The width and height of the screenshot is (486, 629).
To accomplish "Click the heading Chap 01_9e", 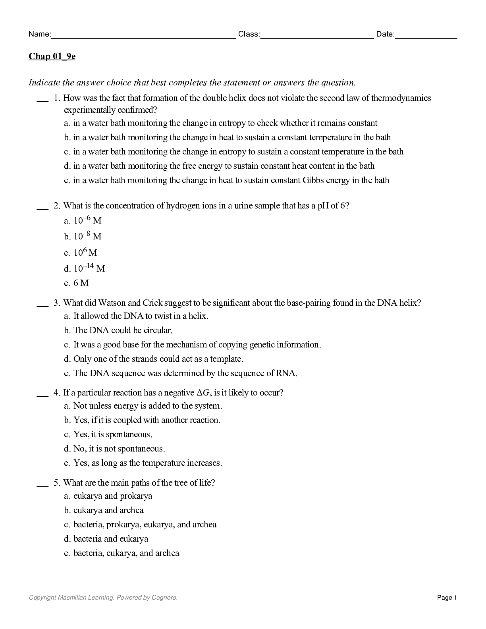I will [x=52, y=56].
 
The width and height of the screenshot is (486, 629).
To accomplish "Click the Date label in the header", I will [x=385, y=34].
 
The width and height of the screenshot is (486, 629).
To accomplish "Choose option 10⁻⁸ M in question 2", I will [x=87, y=237].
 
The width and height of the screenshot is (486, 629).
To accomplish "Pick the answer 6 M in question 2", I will [x=81, y=283].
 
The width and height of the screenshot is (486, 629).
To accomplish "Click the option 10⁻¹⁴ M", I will [x=89, y=268].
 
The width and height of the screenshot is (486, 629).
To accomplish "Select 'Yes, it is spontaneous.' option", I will [x=113, y=434].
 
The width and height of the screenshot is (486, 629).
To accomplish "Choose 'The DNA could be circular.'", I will [x=123, y=330].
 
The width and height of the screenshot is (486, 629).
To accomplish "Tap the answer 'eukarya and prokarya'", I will [x=113, y=496].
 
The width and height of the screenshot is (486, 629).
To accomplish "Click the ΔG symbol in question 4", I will [x=202, y=393].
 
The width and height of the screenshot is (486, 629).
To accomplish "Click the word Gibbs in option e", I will [x=313, y=180].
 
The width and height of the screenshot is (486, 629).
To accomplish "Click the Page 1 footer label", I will [x=447, y=598].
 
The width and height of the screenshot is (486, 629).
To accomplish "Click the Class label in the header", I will [x=249, y=34].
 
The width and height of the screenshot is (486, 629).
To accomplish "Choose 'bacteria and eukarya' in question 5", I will [x=111, y=539].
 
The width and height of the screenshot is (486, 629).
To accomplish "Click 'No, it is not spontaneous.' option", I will [x=119, y=449].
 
